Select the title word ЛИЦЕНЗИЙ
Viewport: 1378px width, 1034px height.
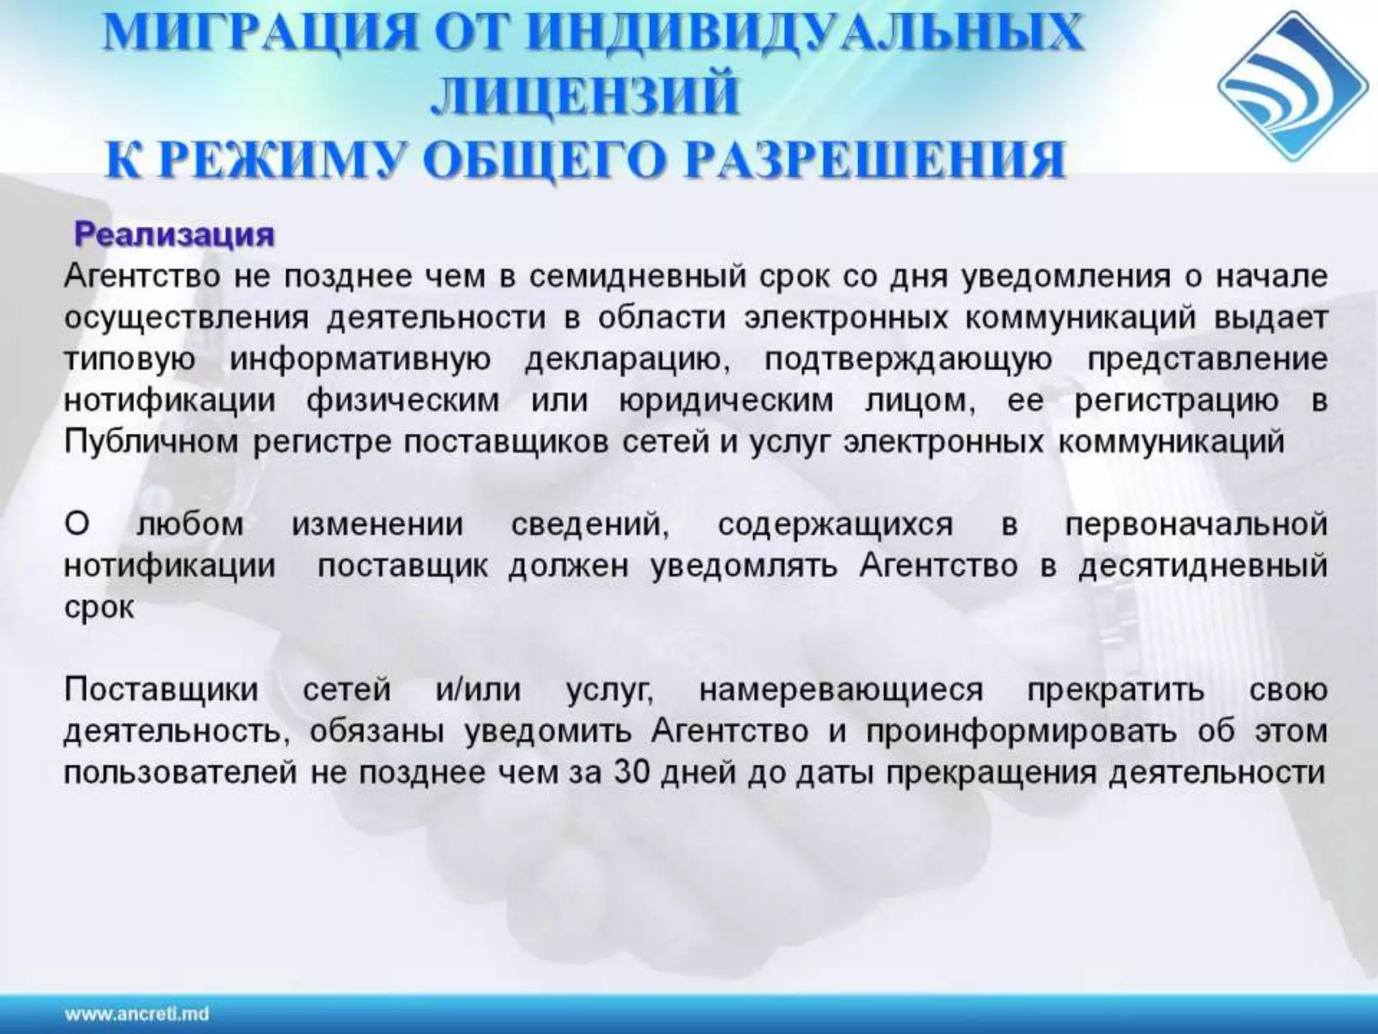point(585,96)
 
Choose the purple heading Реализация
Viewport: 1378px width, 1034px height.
point(174,235)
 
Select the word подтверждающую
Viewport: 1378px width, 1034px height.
point(908,359)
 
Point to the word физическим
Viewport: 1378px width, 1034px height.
point(403,401)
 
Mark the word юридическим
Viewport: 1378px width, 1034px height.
point(726,401)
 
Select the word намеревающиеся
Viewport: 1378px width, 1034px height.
point(840,690)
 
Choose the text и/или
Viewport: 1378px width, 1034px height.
point(478,690)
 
